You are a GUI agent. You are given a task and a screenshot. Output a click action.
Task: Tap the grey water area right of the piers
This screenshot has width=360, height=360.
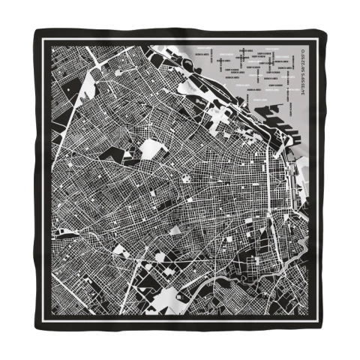[296, 127]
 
